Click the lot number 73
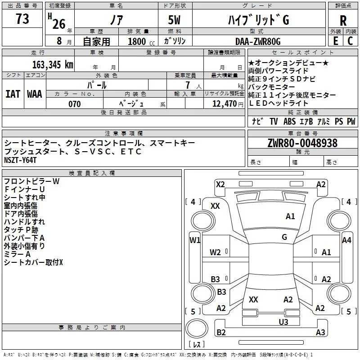click(22, 19)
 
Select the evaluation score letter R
click(343, 21)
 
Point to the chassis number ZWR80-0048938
click(302, 144)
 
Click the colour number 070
click(74, 104)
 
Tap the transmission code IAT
click(13, 94)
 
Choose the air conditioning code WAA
click(34, 94)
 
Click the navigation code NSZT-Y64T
click(20, 160)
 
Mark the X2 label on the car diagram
click(220, 184)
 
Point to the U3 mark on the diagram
click(283, 321)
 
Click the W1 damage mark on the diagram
click(194, 240)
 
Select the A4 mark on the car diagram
click(346, 240)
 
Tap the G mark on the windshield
click(284, 237)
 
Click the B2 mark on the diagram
click(221, 333)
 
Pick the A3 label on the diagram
click(320, 333)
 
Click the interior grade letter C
click(350, 41)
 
